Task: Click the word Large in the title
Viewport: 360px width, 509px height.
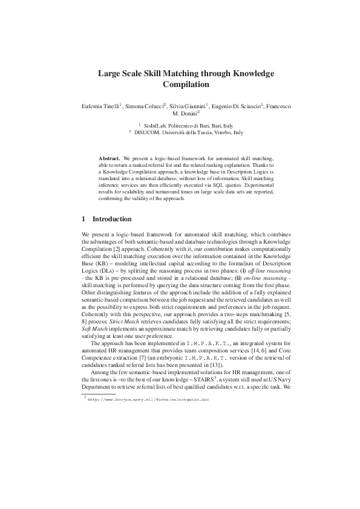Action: [111, 74]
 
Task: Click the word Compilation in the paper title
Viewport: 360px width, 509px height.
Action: [186, 85]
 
